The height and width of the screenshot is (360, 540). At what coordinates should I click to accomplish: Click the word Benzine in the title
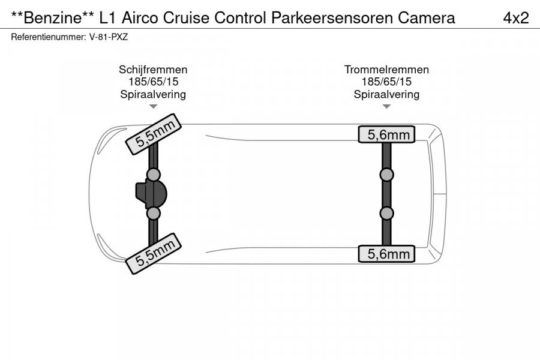point(52,17)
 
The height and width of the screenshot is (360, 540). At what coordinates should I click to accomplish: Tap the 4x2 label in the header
point(516,17)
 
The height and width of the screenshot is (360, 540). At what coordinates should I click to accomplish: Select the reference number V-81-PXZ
point(109,37)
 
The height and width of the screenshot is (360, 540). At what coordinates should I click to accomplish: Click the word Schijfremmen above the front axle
point(153,70)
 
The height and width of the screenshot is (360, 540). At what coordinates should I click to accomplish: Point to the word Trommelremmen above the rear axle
point(386,70)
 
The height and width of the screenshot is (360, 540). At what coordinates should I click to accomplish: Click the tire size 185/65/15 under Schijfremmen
point(154,82)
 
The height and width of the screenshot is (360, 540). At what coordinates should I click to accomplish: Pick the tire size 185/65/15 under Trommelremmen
point(386,82)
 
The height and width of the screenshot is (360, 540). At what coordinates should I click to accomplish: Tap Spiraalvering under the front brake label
point(153,94)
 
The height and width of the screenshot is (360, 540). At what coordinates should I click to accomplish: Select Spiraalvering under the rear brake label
point(386,94)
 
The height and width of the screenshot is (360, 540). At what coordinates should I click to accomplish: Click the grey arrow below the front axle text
point(153,106)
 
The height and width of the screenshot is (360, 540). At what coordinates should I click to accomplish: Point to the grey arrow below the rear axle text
point(386,106)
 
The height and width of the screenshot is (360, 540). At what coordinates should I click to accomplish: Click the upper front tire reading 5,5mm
point(153,134)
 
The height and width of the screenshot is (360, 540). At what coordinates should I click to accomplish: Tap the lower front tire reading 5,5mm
point(153,254)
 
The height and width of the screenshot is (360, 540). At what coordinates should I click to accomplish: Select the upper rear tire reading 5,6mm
point(386,134)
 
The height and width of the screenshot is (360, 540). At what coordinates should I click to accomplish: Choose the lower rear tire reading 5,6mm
point(386,254)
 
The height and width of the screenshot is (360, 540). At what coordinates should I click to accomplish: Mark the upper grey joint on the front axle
point(153,175)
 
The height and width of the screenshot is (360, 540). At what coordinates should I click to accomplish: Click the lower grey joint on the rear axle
point(386,213)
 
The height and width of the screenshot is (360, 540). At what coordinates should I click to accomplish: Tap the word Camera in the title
point(427,17)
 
